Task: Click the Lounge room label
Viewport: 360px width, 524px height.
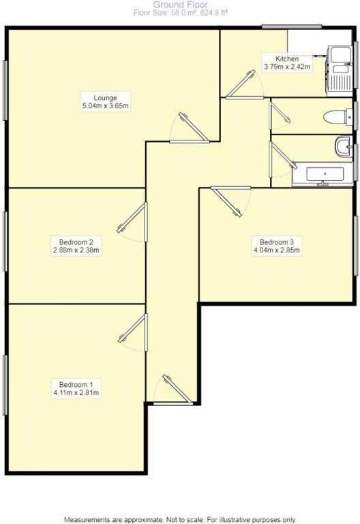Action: coord(105,98)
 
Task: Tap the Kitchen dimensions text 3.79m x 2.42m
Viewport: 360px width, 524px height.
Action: coord(287,67)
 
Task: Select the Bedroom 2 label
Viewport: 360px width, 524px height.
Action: coord(76,242)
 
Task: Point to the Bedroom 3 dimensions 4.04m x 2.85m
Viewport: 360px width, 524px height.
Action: coord(277,250)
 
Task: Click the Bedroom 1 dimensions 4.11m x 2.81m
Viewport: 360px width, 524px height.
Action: coord(76,393)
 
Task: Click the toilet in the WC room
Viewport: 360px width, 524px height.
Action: coord(337,117)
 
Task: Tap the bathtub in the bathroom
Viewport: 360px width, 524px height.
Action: coord(322,174)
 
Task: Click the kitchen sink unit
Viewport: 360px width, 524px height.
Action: coord(340,68)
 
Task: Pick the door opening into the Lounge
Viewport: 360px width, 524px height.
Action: coord(190,129)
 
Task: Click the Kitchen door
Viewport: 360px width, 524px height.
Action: coord(245,85)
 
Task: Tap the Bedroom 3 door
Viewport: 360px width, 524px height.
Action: coord(231,201)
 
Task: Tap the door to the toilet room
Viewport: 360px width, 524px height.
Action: coord(279,115)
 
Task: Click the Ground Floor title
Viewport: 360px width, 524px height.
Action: coord(180,5)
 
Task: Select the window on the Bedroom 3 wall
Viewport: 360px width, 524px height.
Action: coord(356,246)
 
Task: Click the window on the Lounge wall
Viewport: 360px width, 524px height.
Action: coord(5,90)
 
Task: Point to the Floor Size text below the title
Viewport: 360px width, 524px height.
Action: coord(180,14)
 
